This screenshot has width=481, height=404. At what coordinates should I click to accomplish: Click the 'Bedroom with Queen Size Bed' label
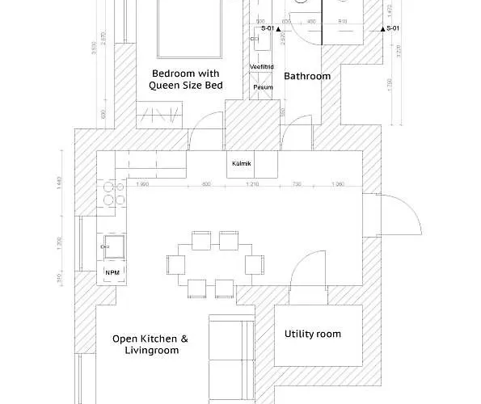(186, 79)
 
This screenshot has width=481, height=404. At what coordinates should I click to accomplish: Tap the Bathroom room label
(307, 76)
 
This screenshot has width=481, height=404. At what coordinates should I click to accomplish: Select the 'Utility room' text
(312, 334)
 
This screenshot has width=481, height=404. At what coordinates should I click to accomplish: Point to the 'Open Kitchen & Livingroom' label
(150, 345)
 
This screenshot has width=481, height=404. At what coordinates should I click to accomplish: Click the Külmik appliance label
(242, 164)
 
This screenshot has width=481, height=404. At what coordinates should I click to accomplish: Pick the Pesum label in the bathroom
(262, 86)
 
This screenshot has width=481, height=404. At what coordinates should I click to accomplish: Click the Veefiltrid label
(262, 67)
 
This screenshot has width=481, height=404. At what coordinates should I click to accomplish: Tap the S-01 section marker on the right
(391, 28)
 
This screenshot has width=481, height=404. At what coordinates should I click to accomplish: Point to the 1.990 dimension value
(143, 185)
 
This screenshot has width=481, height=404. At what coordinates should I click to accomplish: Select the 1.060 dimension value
(338, 185)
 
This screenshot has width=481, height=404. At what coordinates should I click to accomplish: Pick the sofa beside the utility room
(231, 356)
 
